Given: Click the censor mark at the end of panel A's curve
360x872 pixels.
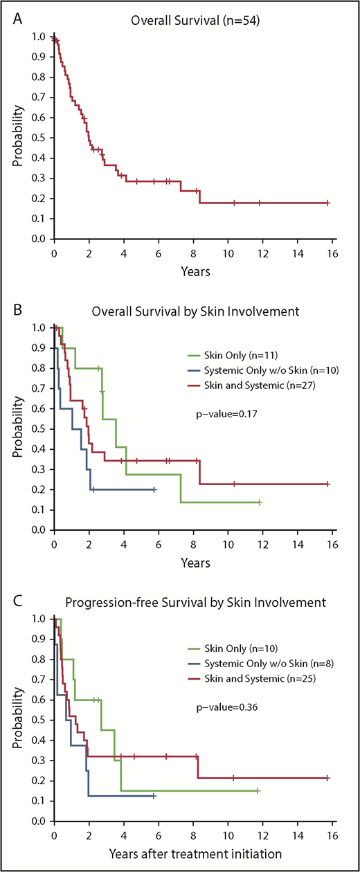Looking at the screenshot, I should [x=327, y=203].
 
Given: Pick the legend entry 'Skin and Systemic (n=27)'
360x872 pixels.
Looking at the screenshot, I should [x=249, y=385].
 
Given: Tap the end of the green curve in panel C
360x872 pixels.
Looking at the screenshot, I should [x=258, y=790].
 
